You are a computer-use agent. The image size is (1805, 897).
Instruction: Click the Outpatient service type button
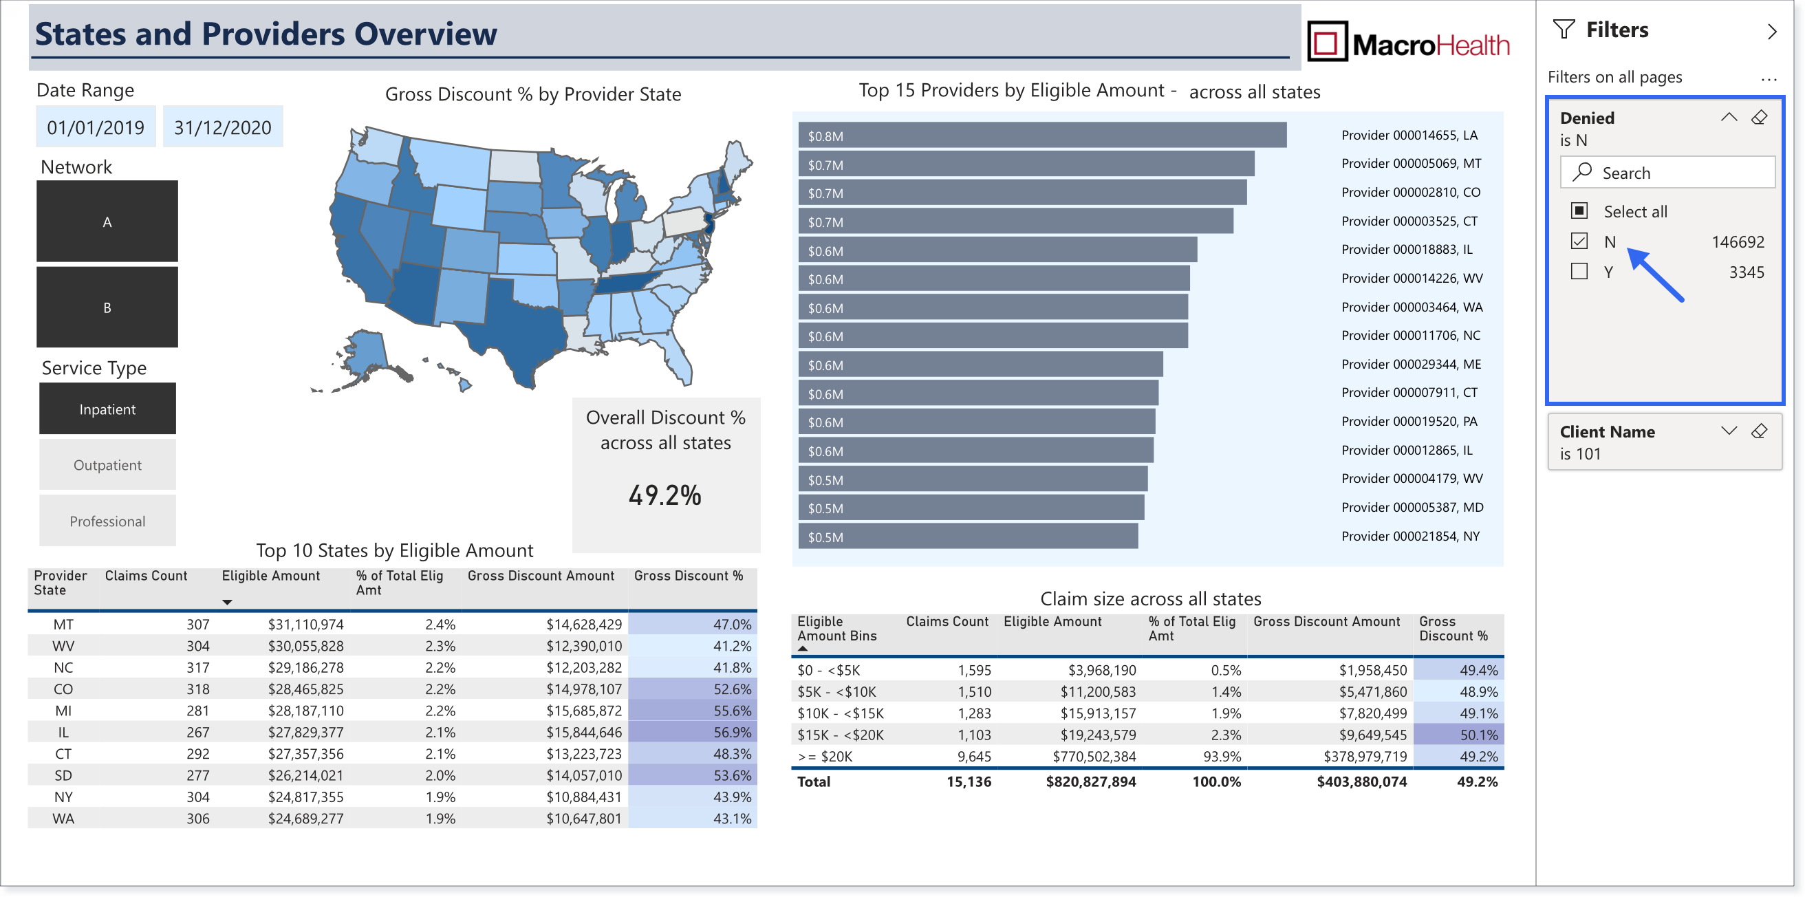click(x=107, y=464)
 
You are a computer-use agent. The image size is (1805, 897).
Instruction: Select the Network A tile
click(x=107, y=221)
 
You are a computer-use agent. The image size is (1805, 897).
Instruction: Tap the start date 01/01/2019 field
click(x=96, y=127)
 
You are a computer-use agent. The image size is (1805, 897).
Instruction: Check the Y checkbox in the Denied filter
click(x=1579, y=271)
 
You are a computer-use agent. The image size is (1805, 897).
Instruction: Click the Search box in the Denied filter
click(x=1667, y=173)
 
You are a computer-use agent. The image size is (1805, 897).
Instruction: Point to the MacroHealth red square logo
click(x=1327, y=41)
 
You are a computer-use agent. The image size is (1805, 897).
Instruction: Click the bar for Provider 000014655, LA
click(x=1043, y=136)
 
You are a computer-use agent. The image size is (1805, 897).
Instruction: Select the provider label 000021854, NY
click(x=1411, y=536)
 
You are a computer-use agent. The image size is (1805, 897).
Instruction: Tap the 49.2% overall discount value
click(x=665, y=495)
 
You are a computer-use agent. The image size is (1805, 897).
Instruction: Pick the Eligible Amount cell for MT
click(x=305, y=625)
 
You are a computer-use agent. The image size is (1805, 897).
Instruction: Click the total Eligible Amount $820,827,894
click(x=1091, y=782)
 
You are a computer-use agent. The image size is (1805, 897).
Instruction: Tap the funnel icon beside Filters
click(x=1564, y=30)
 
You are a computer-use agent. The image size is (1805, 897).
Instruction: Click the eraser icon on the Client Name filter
click(x=1760, y=431)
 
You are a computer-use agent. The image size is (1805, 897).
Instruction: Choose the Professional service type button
click(x=107, y=521)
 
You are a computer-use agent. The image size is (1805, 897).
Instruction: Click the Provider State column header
click(x=61, y=583)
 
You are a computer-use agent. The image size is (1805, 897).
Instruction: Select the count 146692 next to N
click(x=1738, y=241)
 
